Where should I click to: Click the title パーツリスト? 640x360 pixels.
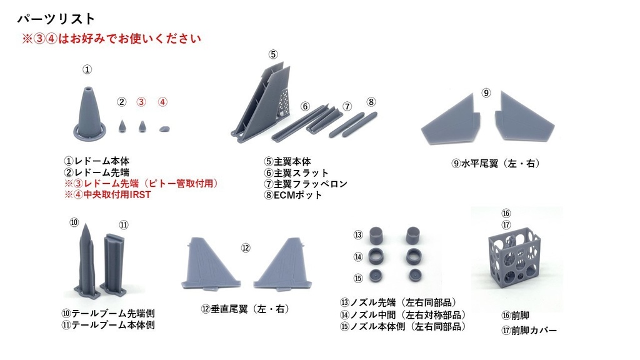[x=56, y=19]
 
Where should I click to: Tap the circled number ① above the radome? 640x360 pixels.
[x=87, y=69]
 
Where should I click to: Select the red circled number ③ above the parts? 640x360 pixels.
[x=142, y=102]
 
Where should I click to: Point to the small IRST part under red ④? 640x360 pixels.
[x=164, y=128]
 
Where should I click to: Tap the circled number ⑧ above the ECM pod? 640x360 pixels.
[x=371, y=101]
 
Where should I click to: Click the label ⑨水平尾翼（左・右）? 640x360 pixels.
[x=496, y=163]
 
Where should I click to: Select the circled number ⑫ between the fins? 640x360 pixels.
[x=246, y=248]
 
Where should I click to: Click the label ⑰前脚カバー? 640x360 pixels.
[x=529, y=330]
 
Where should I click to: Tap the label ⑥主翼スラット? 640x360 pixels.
[x=296, y=172]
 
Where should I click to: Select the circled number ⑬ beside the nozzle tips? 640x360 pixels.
[x=358, y=235]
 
